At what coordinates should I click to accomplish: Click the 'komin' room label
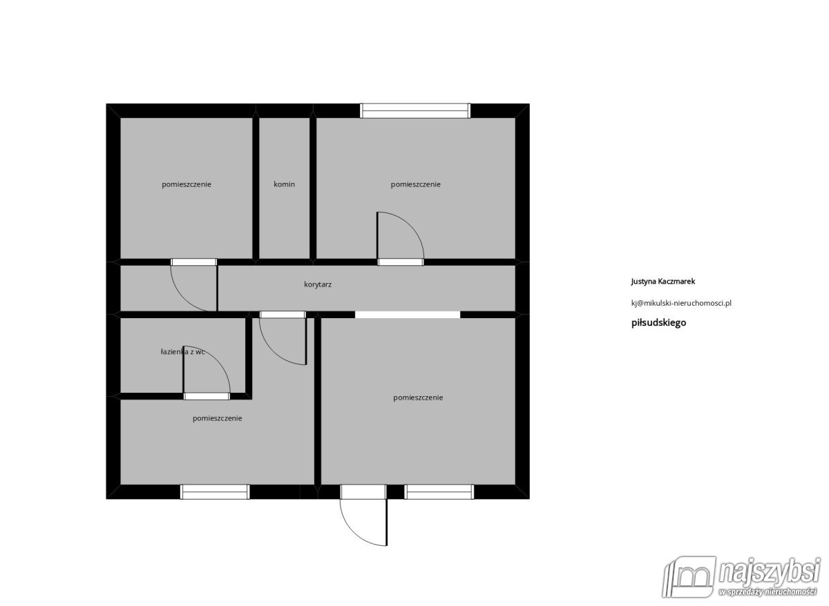pos(284,184)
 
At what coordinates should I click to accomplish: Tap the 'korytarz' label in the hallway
pos(318,284)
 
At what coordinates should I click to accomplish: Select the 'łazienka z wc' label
pos(182,352)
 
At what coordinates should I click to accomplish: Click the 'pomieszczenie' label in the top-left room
pos(187,184)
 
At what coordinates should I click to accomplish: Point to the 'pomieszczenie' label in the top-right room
pos(415,184)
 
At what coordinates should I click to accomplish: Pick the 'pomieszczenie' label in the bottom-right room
pos(418,398)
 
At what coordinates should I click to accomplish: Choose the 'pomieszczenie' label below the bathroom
pos(217,418)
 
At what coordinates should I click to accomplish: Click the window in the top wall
pos(415,110)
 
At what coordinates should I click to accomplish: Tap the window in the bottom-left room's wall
pos(215,491)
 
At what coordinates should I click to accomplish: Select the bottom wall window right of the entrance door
pos(439,491)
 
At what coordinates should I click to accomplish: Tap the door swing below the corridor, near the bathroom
pos(284,341)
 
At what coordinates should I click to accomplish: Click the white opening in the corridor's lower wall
pos(408,315)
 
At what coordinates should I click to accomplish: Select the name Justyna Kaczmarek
pos(663,282)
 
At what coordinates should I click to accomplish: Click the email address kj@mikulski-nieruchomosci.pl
pos(681,302)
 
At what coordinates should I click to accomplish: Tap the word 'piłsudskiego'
pos(658,322)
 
